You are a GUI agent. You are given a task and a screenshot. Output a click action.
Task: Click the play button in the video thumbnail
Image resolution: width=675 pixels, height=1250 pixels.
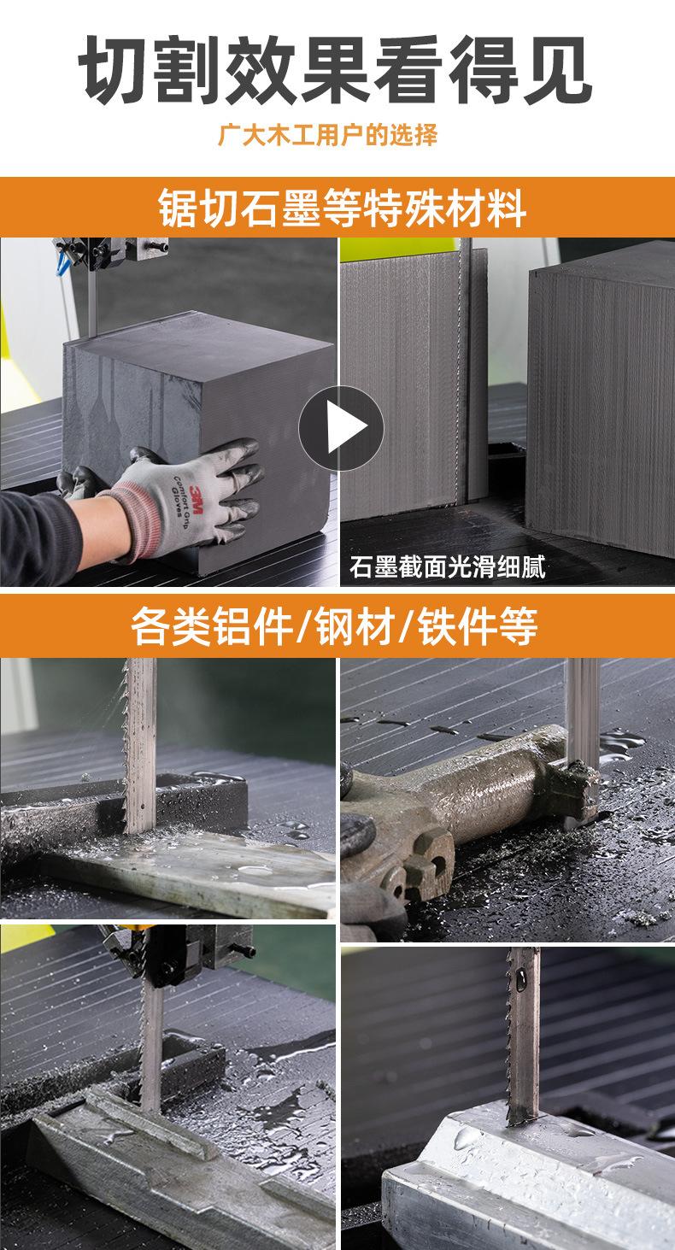342,428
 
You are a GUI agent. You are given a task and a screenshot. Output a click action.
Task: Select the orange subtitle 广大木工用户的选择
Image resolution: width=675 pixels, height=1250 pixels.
328,135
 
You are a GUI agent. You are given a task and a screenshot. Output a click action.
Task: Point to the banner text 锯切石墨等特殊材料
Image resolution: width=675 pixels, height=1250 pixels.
342,208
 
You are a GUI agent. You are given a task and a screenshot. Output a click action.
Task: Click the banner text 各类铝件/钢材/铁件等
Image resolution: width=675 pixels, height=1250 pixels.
334,626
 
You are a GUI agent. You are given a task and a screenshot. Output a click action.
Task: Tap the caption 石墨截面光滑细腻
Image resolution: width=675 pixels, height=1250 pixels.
448,567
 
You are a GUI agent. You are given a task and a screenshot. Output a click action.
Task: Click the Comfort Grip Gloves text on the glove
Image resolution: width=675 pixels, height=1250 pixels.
181,496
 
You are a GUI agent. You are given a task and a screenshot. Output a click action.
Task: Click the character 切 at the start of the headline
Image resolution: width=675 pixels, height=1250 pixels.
114,70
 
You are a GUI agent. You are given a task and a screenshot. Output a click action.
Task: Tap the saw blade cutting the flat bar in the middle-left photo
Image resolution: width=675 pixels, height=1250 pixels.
139,744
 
